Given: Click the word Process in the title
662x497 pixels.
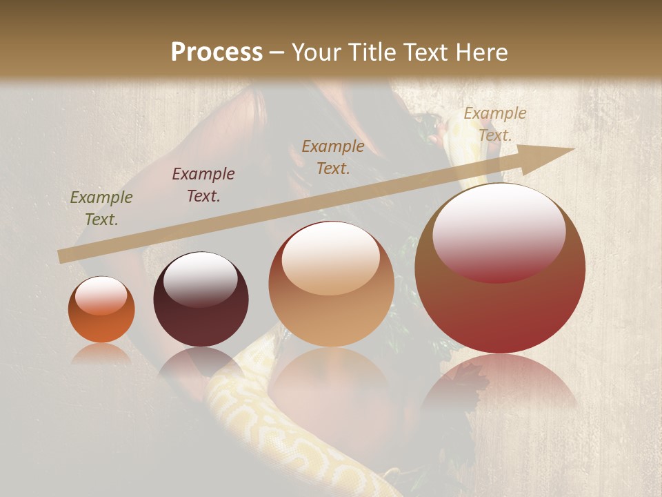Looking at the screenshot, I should point(217,52).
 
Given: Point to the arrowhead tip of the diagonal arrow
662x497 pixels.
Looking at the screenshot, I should point(572,149).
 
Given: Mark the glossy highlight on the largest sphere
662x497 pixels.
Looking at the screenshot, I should point(499,232).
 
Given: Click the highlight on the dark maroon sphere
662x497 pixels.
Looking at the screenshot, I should point(200,280).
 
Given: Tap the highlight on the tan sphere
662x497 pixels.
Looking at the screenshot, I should point(330,258).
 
